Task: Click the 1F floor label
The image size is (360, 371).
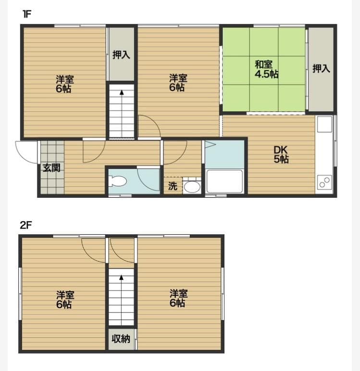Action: [27, 14]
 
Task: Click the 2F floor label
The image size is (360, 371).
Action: [25, 225]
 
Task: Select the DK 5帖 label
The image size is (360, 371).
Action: [281, 154]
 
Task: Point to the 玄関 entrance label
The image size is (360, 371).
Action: [51, 168]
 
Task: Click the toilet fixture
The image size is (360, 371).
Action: [118, 181]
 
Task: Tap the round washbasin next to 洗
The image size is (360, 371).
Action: [192, 186]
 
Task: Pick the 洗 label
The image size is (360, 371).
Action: [173, 186]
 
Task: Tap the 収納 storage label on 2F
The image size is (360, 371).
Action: [121, 339]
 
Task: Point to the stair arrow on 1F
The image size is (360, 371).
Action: [121, 92]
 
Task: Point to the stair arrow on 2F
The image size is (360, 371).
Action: [121, 278]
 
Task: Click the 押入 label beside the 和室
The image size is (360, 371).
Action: [321, 69]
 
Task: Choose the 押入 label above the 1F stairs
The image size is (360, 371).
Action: [121, 54]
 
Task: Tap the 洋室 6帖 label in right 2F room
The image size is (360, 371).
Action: [178, 298]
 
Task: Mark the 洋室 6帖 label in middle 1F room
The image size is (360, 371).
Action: [178, 83]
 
